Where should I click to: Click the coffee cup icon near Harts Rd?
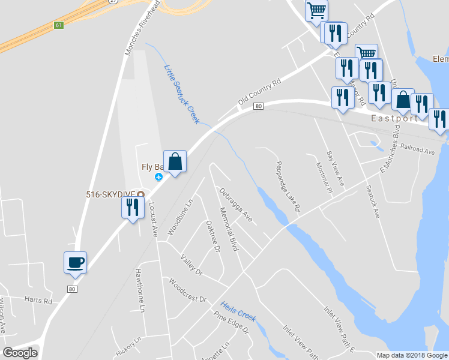click(x=75, y=263)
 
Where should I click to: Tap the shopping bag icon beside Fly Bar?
click(x=175, y=161)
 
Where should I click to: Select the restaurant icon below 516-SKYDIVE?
click(x=133, y=208)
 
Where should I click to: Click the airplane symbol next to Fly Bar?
click(x=159, y=176)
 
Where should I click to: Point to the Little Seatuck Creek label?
click(x=181, y=94)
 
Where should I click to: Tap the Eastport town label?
click(x=394, y=118)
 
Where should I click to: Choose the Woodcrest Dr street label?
click(x=187, y=290)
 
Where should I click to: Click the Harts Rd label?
click(x=38, y=299)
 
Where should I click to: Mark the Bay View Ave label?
click(x=335, y=169)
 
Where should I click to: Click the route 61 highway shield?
click(x=58, y=25)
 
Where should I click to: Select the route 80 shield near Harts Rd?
click(x=72, y=289)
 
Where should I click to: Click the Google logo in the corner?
click(x=20, y=353)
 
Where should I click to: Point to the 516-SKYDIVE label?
click(x=110, y=194)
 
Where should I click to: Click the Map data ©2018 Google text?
click(x=412, y=355)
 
